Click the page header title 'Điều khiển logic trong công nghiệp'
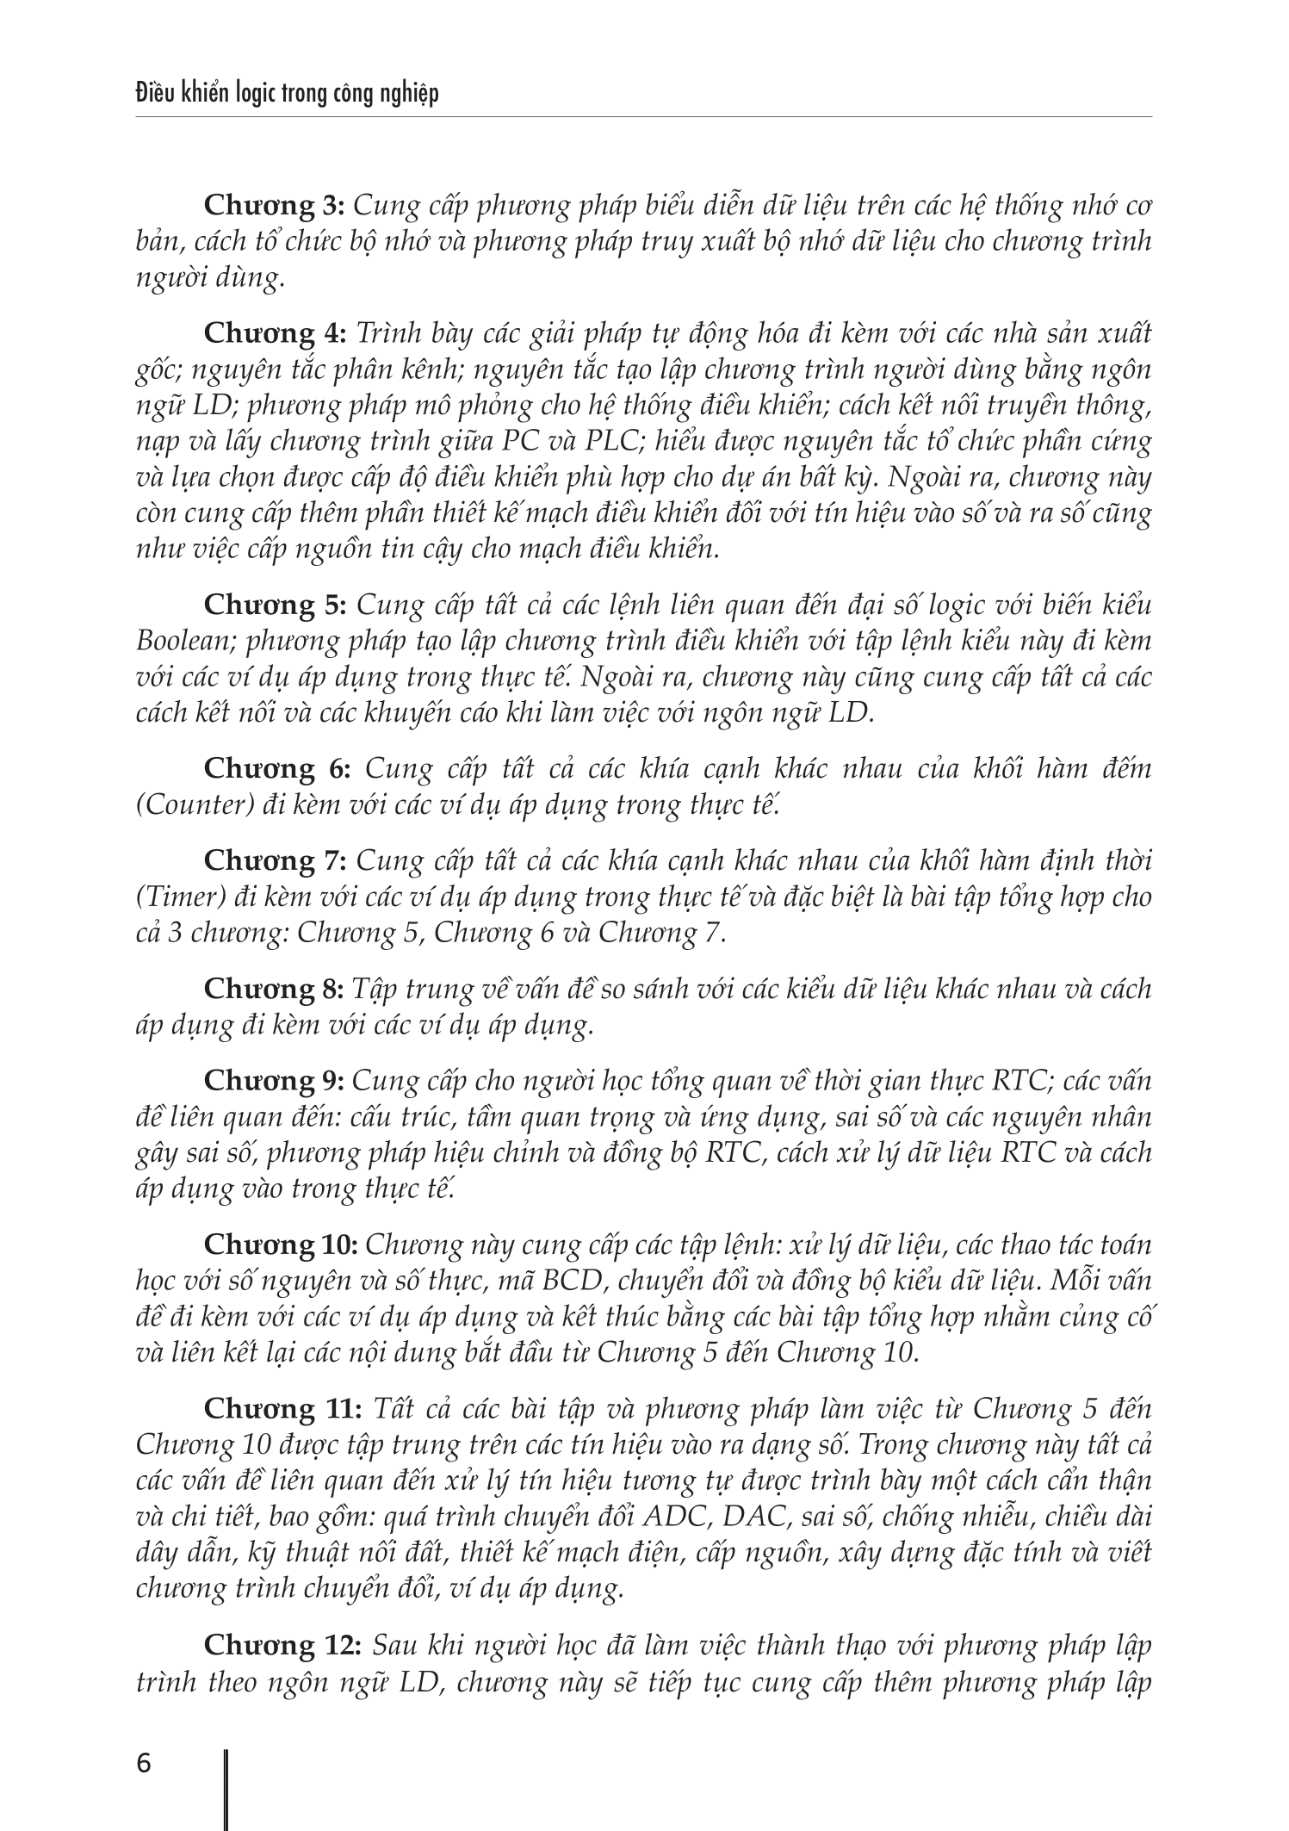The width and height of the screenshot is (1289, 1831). pyautogui.click(x=288, y=92)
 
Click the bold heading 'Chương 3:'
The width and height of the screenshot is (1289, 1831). pyautogui.click(x=274, y=206)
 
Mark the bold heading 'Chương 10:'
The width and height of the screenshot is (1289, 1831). pyautogui.click(x=281, y=1244)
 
